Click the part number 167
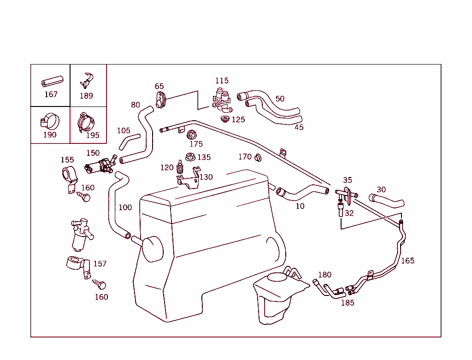pos(51,94)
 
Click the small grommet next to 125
pos(225,119)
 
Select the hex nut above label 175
pos(193,135)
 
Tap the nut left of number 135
pos(189,157)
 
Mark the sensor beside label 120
pos(179,166)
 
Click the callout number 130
pos(206,177)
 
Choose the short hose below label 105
pos(129,142)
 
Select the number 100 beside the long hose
pos(125,207)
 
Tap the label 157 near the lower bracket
pos(100,264)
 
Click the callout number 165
pos(407,260)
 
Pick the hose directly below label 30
pos(386,201)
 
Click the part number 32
pos(349,213)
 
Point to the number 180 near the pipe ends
pos(324,275)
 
